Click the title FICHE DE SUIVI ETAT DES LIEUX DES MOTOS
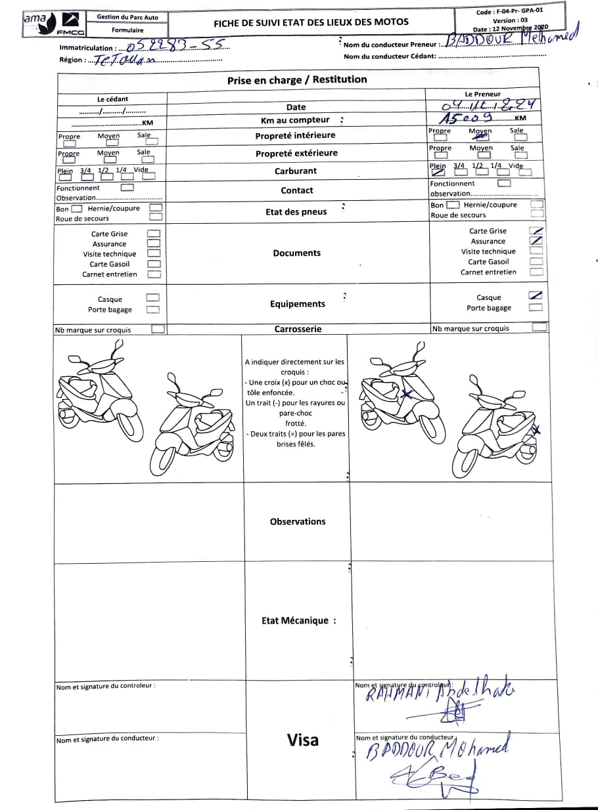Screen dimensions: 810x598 311,22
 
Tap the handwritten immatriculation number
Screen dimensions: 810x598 177,45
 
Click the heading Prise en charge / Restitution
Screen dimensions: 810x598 297,79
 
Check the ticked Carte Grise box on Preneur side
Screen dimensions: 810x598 536,230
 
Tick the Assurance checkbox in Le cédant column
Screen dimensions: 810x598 153,244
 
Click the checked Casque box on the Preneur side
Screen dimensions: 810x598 536,295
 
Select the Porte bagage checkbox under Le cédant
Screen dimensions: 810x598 152,309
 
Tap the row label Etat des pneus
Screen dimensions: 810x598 296,212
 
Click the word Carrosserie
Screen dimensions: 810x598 298,329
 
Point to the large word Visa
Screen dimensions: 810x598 302,740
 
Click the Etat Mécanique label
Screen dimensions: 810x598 298,620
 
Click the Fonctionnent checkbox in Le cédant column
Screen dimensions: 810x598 127,187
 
